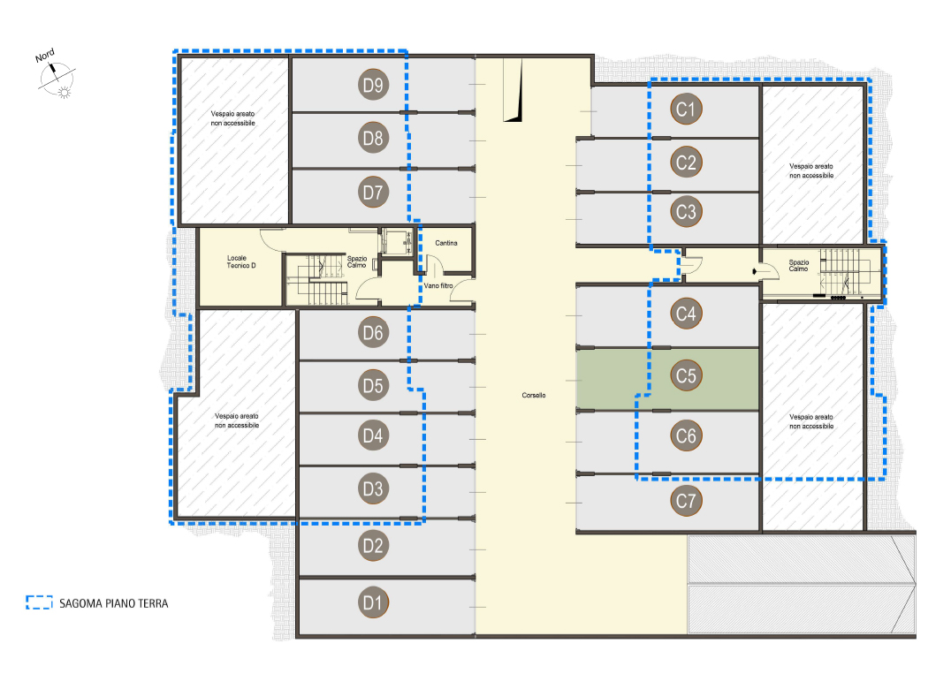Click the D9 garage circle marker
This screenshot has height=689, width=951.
pyautogui.click(x=373, y=85)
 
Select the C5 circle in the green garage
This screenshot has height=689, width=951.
pyautogui.click(x=686, y=375)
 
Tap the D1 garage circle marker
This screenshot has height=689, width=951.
pyautogui.click(x=373, y=602)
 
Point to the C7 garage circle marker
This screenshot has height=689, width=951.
pyautogui.click(x=686, y=501)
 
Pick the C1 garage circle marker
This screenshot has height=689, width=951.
pyautogui.click(x=686, y=109)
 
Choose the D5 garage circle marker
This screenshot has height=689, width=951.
pyautogui.click(x=373, y=385)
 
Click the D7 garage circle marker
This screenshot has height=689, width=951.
pyautogui.click(x=373, y=192)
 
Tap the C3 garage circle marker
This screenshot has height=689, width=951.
pyautogui.click(x=686, y=211)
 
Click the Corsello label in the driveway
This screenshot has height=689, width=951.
pyautogui.click(x=534, y=395)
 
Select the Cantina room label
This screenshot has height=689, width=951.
pyautogui.click(x=446, y=243)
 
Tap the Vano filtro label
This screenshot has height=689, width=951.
pyautogui.click(x=437, y=285)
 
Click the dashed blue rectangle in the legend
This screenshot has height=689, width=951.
pyautogui.click(x=39, y=602)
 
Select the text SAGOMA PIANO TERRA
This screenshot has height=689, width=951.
pyautogui.click(x=113, y=603)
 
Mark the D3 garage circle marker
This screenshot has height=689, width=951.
pyautogui.click(x=373, y=488)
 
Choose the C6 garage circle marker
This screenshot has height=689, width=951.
pyautogui.click(x=686, y=435)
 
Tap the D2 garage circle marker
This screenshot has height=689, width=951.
pyautogui.click(x=373, y=545)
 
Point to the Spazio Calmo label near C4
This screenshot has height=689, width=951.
pyautogui.click(x=798, y=265)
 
